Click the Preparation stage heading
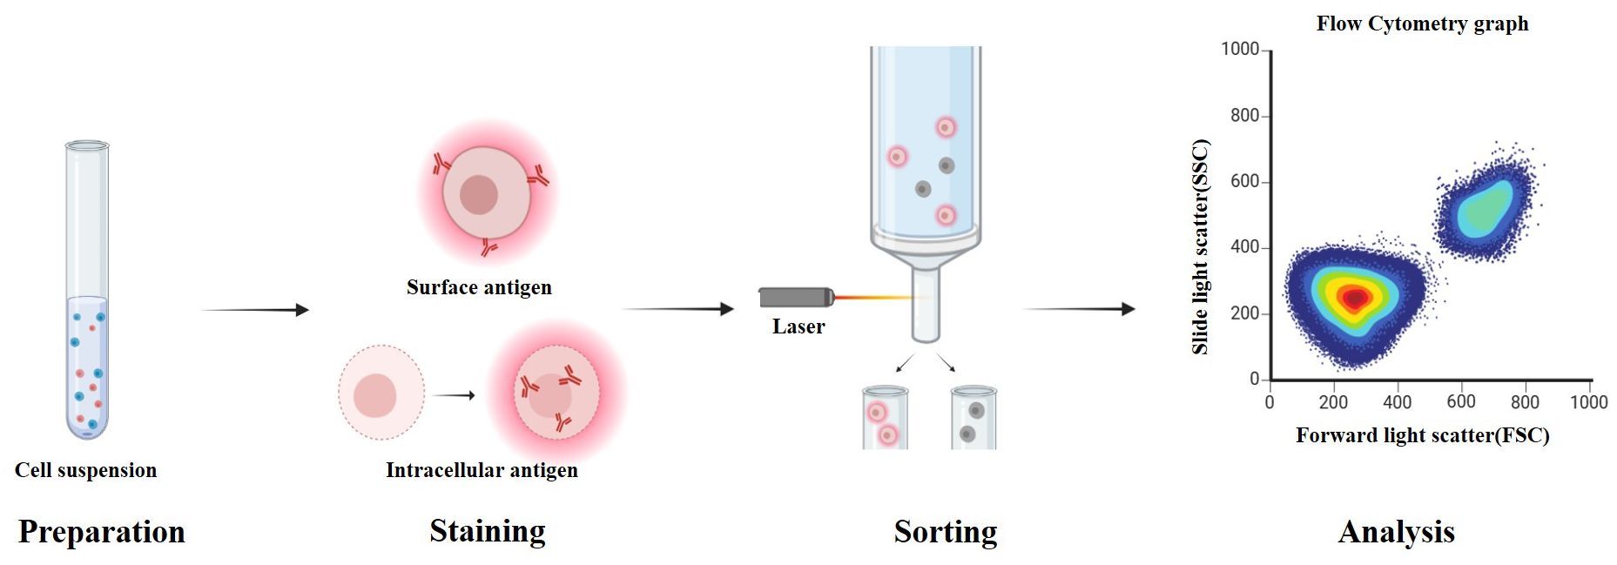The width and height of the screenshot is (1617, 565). coord(101,532)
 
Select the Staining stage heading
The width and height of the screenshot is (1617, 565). coord(487,531)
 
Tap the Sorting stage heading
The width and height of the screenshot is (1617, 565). coord(945,532)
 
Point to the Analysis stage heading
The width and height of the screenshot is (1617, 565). coord(1396,532)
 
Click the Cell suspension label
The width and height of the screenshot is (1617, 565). coord(85,470)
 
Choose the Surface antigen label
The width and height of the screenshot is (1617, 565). coord(479,287)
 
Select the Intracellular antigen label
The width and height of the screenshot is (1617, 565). coord(482,470)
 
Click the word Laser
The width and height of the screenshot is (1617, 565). coord(798,326)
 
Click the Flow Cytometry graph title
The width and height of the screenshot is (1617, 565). coord(1422,24)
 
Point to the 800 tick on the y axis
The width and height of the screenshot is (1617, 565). coord(1244,116)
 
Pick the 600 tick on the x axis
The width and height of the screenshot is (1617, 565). coord(1460,401)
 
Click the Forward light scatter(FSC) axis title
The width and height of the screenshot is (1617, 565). coord(1422,435)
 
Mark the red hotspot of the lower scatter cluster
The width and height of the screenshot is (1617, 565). coord(1353,299)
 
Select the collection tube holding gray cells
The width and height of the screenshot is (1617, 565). coord(973,420)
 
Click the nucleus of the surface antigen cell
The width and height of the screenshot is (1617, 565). coord(478,194)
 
